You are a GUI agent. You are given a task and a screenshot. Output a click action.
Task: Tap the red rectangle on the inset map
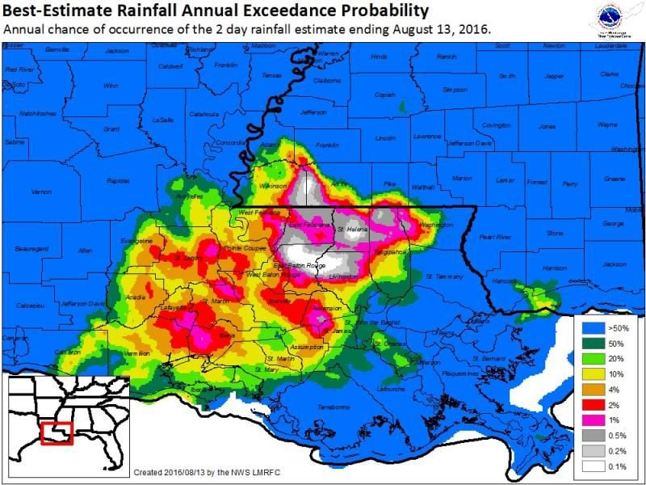coord(57,432)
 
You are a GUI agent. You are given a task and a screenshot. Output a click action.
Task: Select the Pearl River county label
coord(490,237)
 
